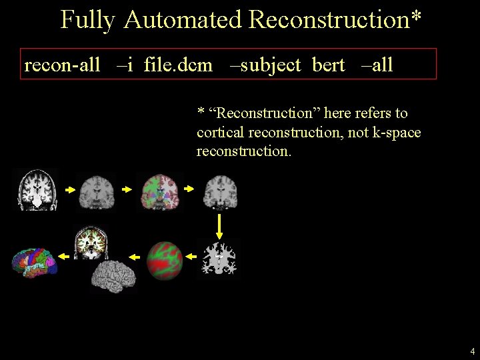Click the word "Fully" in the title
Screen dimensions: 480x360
[x=87, y=20]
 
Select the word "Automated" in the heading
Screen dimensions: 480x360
[x=182, y=20]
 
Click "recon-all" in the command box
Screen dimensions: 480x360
[x=62, y=65]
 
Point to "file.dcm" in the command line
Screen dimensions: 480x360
[x=178, y=65]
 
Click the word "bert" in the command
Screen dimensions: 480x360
[x=329, y=65]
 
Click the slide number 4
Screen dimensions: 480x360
[x=472, y=351]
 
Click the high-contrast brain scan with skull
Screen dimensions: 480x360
[x=37, y=190]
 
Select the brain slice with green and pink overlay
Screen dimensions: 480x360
[x=160, y=191]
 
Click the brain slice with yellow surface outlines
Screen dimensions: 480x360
[x=91, y=243]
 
